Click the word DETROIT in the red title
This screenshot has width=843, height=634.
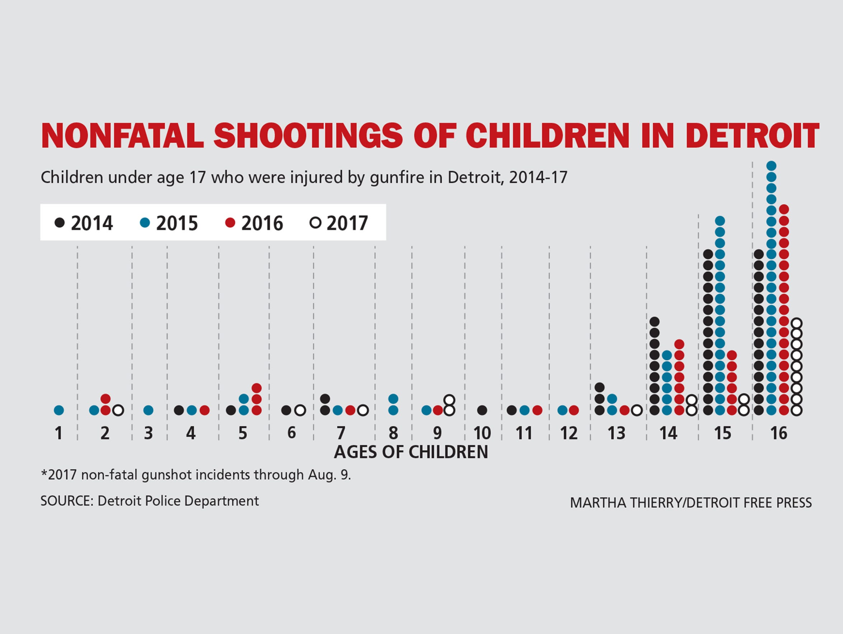pyautogui.click(x=752, y=136)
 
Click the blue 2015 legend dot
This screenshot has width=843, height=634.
pyautogui.click(x=145, y=223)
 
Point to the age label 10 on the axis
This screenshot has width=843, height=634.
pyautogui.click(x=482, y=433)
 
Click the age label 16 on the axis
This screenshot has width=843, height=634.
pyautogui.click(x=778, y=433)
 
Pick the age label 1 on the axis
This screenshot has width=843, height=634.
pyautogui.click(x=58, y=433)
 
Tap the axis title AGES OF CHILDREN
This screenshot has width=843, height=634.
pyautogui.click(x=411, y=452)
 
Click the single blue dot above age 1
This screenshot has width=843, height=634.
pyautogui.click(x=59, y=410)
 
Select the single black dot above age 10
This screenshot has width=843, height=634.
pyautogui.click(x=482, y=410)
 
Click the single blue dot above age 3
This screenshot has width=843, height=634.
pyautogui.click(x=148, y=410)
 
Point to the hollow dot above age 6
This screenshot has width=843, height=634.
pyautogui.click(x=300, y=410)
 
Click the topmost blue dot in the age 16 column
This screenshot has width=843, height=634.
pyautogui.click(x=771, y=166)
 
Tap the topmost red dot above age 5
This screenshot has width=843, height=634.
pyautogui.click(x=257, y=388)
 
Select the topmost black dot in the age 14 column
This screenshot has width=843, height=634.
pyautogui.click(x=655, y=322)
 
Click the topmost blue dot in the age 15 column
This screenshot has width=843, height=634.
pyautogui.click(x=720, y=221)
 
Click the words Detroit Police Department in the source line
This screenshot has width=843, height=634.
pyautogui.click(x=178, y=501)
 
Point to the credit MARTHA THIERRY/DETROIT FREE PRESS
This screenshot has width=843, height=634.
pyautogui.click(x=691, y=503)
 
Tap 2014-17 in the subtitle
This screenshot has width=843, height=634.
pyautogui.click(x=538, y=178)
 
